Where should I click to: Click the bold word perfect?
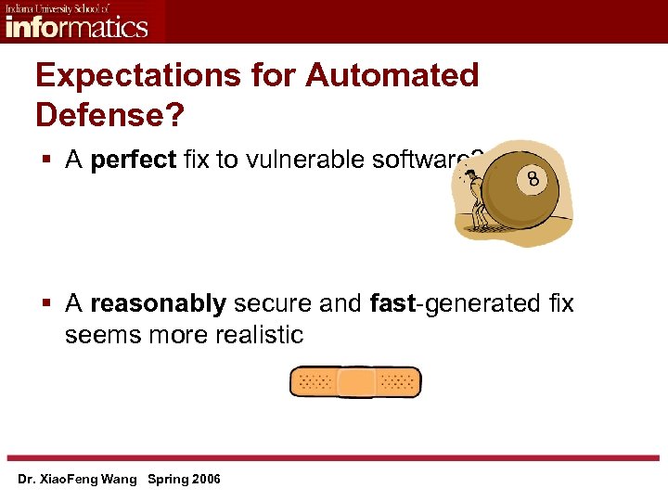tap(134, 160)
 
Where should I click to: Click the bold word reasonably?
tap(158, 303)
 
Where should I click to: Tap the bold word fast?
tap(389, 303)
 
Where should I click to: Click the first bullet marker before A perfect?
tap(45, 161)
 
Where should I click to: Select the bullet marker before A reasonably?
tap(45, 304)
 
